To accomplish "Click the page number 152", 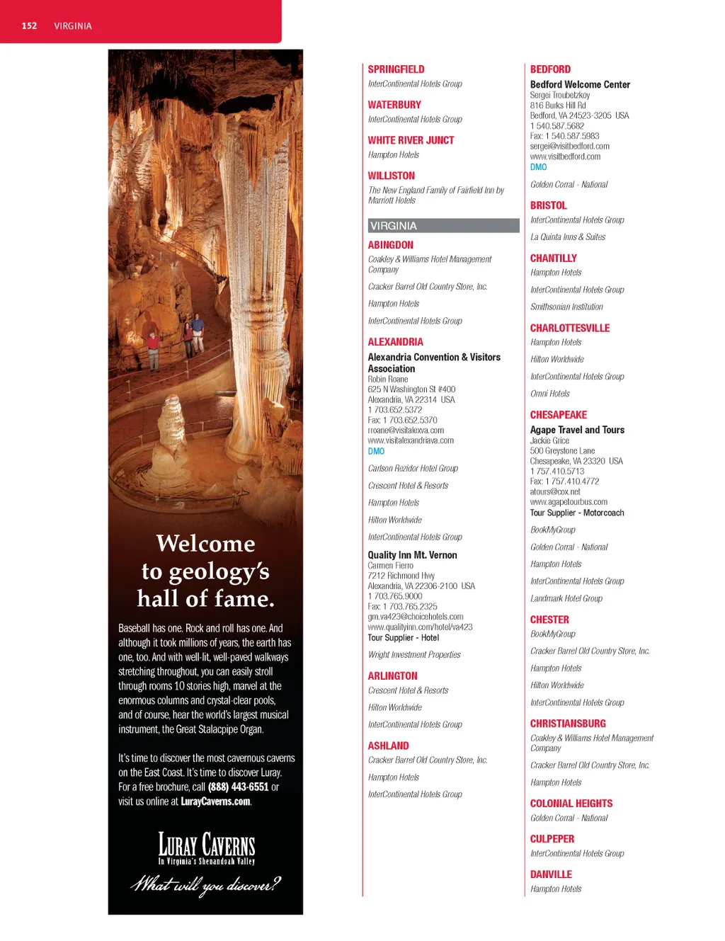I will click(x=29, y=25).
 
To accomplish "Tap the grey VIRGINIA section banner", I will click(x=443, y=226).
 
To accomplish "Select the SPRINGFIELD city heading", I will click(x=396, y=69).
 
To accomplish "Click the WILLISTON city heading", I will click(x=391, y=176).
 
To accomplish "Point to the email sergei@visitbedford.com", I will click(x=569, y=147).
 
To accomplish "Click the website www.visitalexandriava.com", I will click(x=411, y=440).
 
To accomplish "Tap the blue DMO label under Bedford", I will click(x=538, y=167).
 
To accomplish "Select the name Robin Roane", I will click(x=387, y=380).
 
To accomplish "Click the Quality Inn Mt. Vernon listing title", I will click(x=412, y=555).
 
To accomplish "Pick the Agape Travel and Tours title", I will click(x=577, y=430).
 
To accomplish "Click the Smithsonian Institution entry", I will click(x=566, y=307).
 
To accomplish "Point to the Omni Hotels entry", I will click(x=549, y=394).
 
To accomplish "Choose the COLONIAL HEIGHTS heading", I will click(x=571, y=804).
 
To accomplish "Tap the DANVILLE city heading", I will click(x=551, y=874).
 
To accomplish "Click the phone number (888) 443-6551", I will click(x=238, y=787).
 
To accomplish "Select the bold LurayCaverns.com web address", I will click(x=215, y=802).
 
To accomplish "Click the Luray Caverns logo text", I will click(x=206, y=845).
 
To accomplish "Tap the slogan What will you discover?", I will click(x=206, y=884).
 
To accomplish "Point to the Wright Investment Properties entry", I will click(x=413, y=655).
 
